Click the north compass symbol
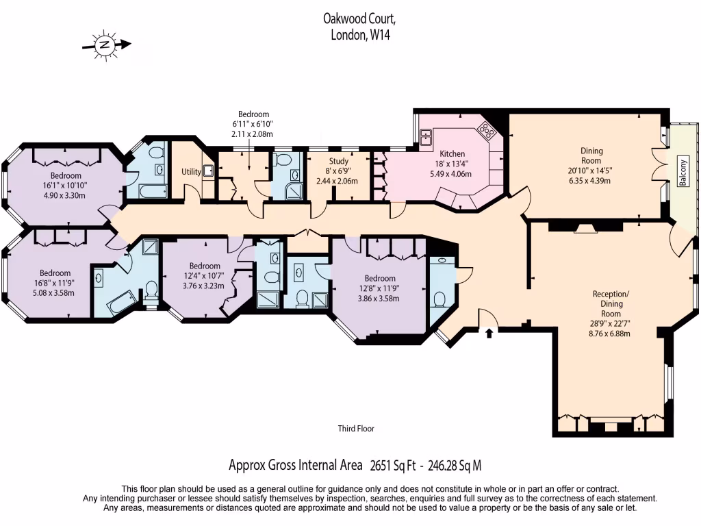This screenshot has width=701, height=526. [x=105, y=45]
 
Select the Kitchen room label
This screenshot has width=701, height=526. [x=452, y=153]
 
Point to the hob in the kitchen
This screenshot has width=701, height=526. [x=487, y=129]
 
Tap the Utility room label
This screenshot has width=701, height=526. [x=191, y=172]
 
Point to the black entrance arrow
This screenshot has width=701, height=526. [x=489, y=334]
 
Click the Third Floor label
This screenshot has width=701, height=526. [x=356, y=429]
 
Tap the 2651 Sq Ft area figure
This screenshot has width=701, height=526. [x=392, y=466]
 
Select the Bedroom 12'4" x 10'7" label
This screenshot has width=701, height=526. [x=205, y=266]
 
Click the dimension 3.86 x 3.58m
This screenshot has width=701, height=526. [x=379, y=298]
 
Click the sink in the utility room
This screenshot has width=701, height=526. [x=208, y=171]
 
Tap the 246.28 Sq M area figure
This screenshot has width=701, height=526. [x=455, y=466]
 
